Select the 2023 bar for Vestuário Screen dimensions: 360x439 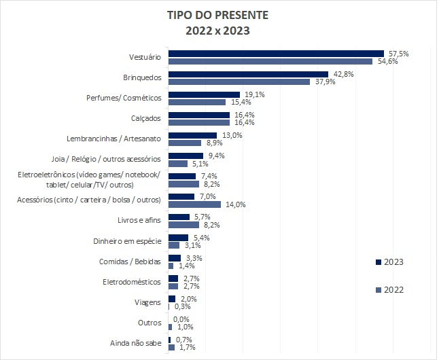coord(276,53)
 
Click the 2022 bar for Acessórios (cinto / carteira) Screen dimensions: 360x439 coord(194,204)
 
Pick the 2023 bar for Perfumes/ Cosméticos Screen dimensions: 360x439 coord(204,94)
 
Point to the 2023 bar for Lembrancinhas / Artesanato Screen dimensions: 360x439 coord(192,135)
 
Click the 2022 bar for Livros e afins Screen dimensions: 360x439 coord(183,225)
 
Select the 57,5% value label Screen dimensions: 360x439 coord(399,53)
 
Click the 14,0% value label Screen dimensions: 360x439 coord(235,204)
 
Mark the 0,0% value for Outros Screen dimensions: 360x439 coord(181,319)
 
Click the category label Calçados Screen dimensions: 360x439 coord(146,118)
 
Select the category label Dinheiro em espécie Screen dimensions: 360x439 coord(127,241)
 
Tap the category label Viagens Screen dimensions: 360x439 coord(149,302)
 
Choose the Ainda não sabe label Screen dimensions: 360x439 coord(136,344)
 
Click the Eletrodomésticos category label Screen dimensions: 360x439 coord(132,282)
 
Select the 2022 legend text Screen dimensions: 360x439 coord(394,290)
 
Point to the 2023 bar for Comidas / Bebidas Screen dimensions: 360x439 coord(175,258)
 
